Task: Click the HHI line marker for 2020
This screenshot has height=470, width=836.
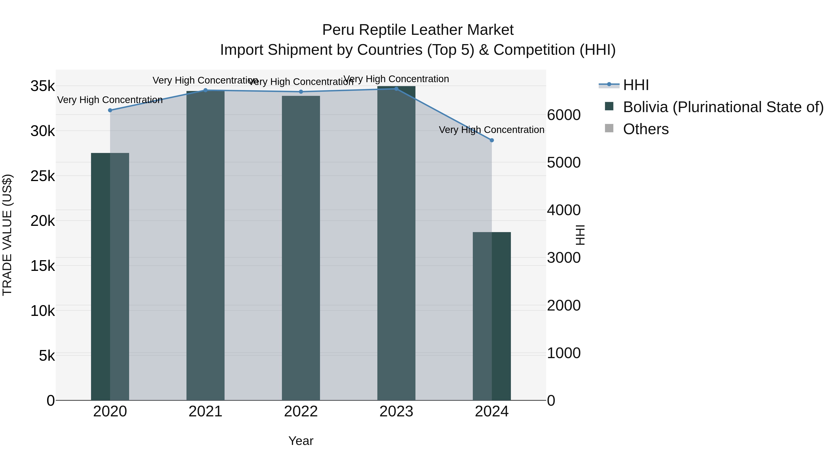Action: tap(110, 110)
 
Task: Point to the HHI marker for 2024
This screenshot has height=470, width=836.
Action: tap(492, 140)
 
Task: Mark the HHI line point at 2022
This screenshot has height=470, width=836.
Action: tap(301, 92)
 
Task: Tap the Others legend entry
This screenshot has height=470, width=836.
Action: tap(646, 129)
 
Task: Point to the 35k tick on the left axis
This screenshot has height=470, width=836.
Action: tap(42, 86)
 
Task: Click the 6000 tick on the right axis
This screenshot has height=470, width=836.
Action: tap(564, 115)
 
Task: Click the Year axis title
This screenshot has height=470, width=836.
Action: tap(300, 441)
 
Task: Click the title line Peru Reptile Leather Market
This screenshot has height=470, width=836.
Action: tap(418, 30)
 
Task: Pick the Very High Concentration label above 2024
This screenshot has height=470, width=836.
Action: tap(491, 130)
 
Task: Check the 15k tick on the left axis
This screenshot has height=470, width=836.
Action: tap(42, 266)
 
